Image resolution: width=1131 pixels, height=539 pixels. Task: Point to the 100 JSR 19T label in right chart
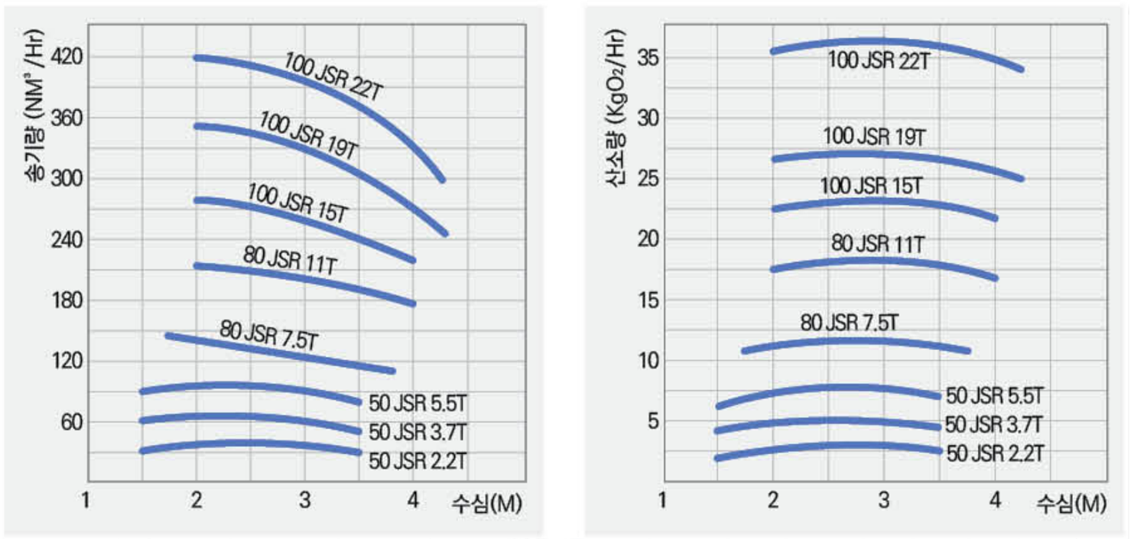875,137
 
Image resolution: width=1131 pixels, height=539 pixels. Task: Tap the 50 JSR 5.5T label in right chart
994,395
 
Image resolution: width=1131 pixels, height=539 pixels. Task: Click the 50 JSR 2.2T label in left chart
418,461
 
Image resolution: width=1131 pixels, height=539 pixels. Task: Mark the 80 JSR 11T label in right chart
878,245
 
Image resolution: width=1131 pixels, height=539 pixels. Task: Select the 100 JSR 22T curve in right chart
879,41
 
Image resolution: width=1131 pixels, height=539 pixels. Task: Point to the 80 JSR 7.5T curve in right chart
856,341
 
